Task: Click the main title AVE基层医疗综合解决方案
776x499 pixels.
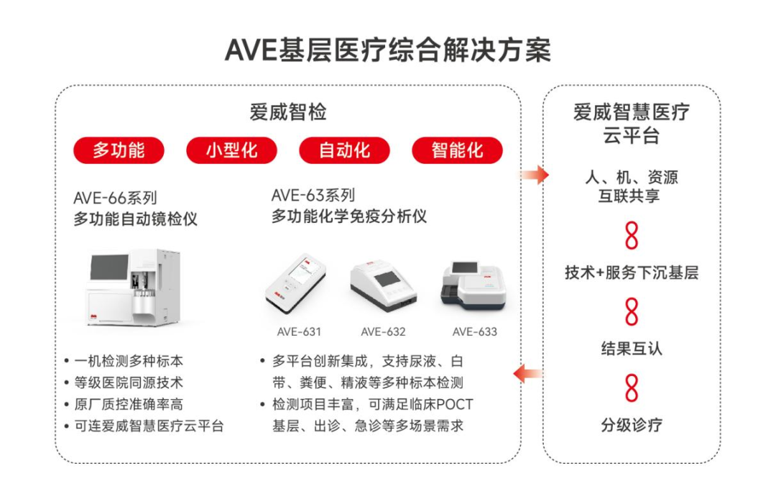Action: click(387, 50)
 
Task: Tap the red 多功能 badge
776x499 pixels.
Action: click(119, 150)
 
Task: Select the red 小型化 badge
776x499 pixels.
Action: click(231, 150)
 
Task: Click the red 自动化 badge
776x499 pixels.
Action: click(344, 150)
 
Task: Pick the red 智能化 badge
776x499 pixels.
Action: click(457, 150)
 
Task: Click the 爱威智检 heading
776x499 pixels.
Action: click(288, 112)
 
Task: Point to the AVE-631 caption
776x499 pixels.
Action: click(299, 331)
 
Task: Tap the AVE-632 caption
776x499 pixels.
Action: click(383, 331)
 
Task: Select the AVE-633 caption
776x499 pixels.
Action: click(475, 331)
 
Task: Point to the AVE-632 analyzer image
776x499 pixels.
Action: click(384, 285)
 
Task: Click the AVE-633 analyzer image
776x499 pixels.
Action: click(474, 285)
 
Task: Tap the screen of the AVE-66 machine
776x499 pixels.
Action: click(109, 267)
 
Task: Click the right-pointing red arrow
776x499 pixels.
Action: click(535, 174)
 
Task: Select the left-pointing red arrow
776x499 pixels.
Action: click(528, 374)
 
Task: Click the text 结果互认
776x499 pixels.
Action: click(632, 349)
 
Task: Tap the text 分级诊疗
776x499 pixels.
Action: click(632, 425)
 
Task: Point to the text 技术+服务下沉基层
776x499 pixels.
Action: click(632, 273)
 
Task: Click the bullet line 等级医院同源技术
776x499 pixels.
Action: click(129, 383)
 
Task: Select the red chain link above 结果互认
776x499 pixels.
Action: click(632, 311)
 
